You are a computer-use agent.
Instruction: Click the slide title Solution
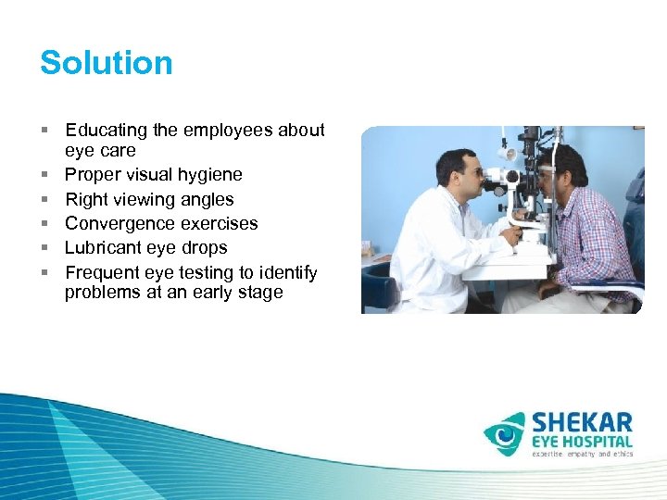coord(107,63)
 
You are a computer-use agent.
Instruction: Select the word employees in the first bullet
coord(238,131)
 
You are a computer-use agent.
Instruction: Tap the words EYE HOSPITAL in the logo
coord(582,443)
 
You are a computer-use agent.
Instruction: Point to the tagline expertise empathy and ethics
coord(582,455)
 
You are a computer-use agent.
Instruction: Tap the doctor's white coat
coord(435,250)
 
